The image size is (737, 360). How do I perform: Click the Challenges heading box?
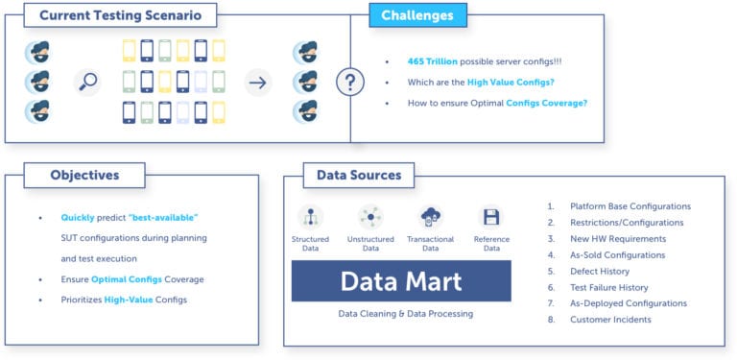coord(417,15)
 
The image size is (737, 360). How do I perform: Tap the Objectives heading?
coord(84,176)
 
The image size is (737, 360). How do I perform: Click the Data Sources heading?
coord(352,176)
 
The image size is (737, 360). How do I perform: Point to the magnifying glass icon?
coord(88,82)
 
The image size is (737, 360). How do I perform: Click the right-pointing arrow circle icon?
coord(257,82)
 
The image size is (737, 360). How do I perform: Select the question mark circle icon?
coord(349,82)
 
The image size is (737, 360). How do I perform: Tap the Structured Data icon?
coord(310,217)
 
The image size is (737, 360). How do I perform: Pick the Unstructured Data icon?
coord(369,217)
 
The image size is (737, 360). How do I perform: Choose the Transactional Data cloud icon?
coord(430,217)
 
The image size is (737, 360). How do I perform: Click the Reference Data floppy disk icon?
coord(490,217)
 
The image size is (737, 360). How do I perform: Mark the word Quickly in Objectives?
coord(79,218)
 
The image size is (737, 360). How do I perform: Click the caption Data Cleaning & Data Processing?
coord(406,314)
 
